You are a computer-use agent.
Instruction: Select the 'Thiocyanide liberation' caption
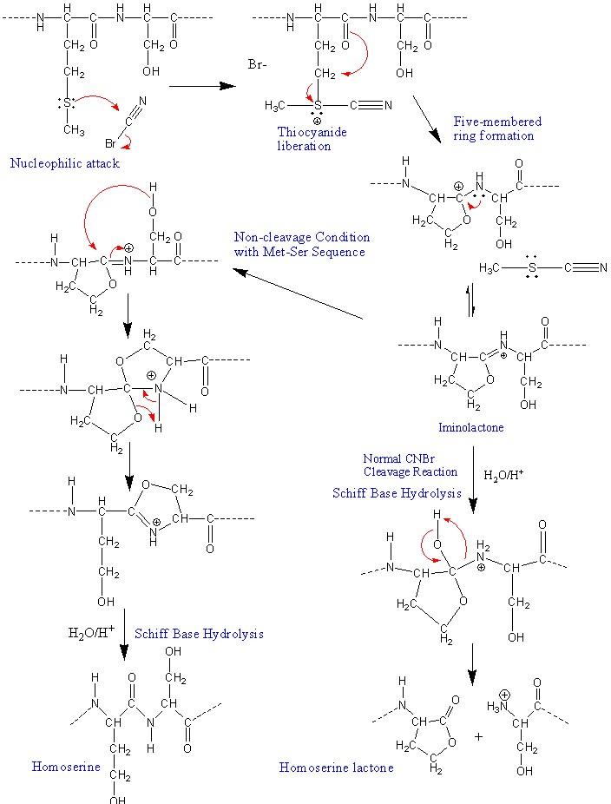305,139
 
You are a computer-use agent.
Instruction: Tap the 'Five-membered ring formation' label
497,129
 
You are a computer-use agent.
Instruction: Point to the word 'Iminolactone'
472,427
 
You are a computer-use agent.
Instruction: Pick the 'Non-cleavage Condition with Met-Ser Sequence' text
301,244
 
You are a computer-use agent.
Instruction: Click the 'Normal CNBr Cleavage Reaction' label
411,465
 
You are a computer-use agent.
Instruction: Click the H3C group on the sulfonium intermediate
275,106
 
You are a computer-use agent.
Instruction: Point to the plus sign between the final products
478,735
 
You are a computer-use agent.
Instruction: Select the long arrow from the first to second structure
201,86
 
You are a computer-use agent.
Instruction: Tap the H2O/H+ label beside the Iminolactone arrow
503,475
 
